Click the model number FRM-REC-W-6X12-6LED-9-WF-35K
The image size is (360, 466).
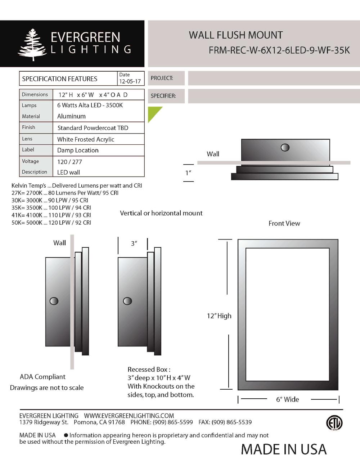click(279, 50)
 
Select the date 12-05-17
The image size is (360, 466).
click(130, 81)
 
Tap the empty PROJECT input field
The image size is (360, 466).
click(274, 78)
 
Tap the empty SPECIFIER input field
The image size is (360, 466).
click(274, 96)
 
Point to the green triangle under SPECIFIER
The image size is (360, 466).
click(153, 112)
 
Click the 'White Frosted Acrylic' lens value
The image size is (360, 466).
click(86, 139)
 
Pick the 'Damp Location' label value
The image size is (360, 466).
click(78, 150)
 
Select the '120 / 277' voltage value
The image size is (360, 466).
click(69, 162)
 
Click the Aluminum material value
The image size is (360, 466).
click(71, 116)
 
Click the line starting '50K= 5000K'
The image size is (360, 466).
click(51, 223)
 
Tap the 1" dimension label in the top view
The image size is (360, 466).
click(188, 173)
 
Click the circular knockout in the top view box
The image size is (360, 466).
click(285, 147)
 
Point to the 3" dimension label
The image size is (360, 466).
click(134, 243)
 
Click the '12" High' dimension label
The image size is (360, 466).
click(219, 316)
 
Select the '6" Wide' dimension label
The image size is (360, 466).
click(287, 399)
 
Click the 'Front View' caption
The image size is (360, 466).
click(284, 223)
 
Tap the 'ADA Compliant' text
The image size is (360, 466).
click(42, 377)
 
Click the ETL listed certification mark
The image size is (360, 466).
click(334, 423)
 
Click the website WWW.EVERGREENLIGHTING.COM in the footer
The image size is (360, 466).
click(129, 416)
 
